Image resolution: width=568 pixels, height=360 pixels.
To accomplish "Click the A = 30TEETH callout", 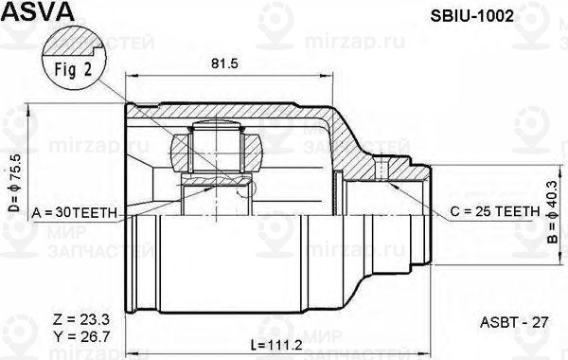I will pos(74,213).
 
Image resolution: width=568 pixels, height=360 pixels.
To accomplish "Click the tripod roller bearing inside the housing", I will pos(217,151).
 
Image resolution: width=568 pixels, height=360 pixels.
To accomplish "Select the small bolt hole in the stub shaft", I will pos(382,171).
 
